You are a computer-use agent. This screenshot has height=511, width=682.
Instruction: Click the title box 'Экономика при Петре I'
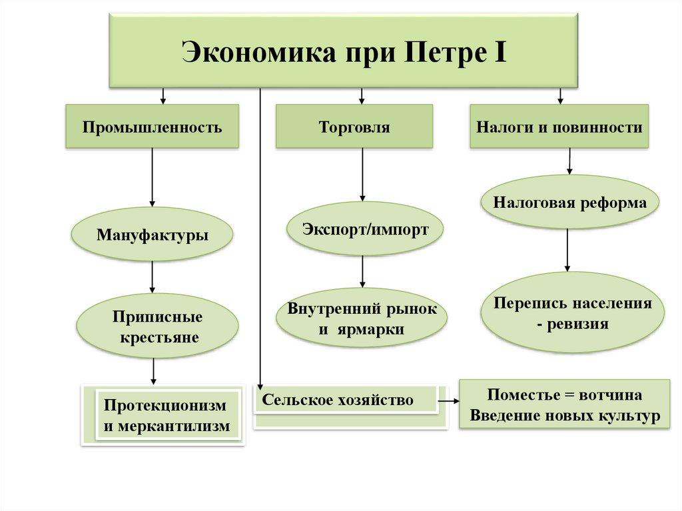coord(344,51)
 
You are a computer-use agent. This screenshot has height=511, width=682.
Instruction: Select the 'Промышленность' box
coord(153,126)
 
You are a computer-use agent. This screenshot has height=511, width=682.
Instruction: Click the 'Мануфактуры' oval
coord(153,235)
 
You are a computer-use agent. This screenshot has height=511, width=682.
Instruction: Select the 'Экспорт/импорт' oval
coord(365,229)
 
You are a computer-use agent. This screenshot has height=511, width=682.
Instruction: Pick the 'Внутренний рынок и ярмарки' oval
coord(363,318)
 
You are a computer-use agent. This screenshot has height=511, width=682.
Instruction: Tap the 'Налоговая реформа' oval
coord(569,203)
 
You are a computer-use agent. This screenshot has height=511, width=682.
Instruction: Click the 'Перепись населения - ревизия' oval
coord(572,313)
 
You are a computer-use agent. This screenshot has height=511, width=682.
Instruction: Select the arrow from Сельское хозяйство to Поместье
coord(449,401)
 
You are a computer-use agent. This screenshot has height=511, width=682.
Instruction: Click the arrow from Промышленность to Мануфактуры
coord(153,177)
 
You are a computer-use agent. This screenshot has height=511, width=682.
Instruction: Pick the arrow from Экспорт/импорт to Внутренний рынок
coord(363,272)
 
